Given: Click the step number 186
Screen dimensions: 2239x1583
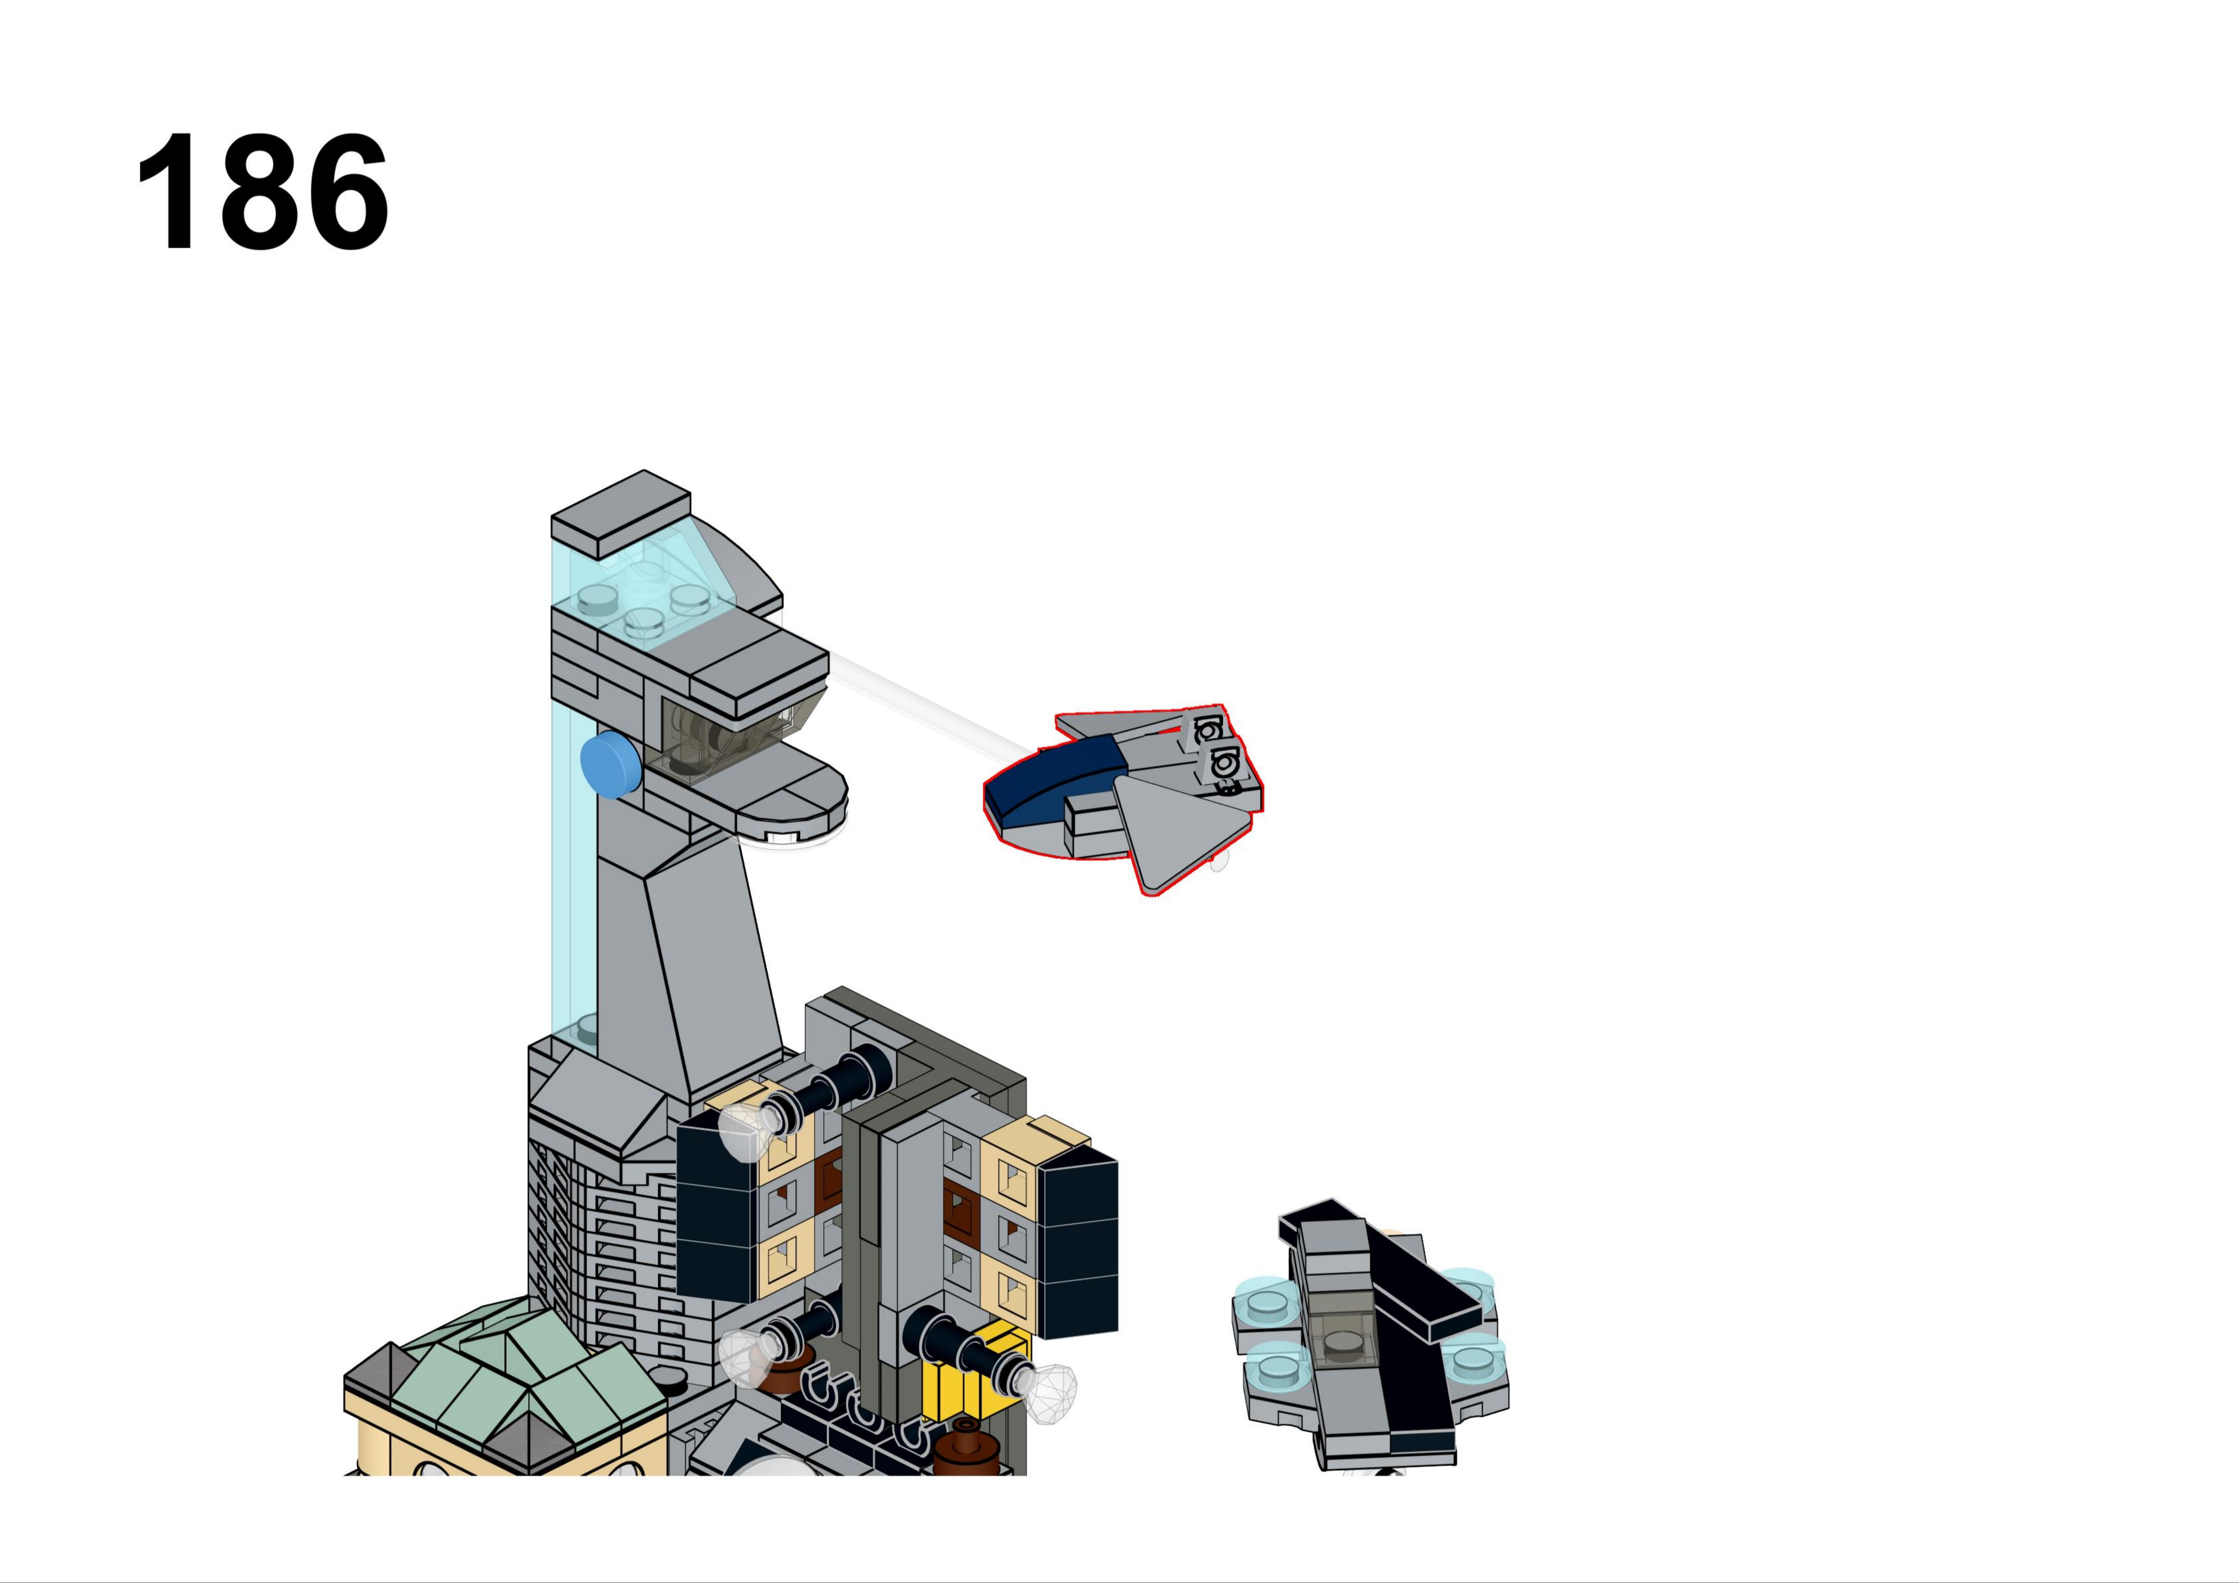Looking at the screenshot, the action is (x=263, y=192).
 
